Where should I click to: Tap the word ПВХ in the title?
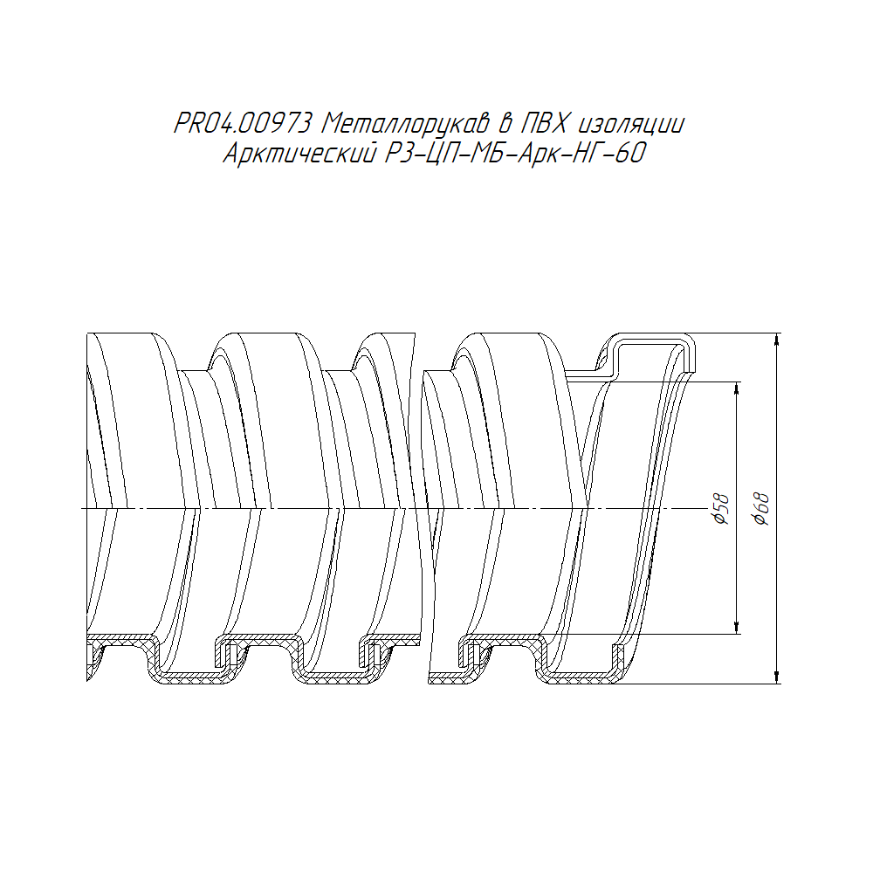[x=544, y=124]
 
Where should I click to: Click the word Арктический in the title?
[x=299, y=153]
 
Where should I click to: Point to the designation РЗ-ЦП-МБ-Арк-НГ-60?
[x=515, y=154]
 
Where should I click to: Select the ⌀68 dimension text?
[x=761, y=509]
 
